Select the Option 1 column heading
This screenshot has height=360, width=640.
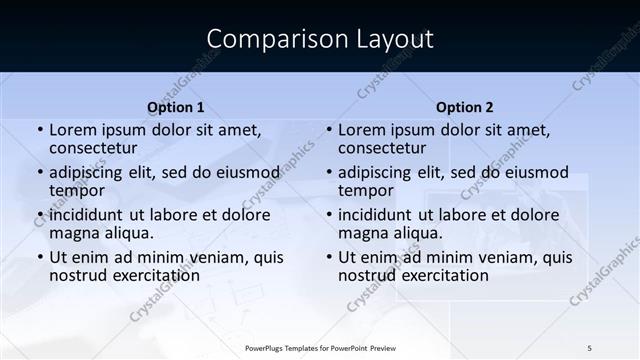(x=176, y=107)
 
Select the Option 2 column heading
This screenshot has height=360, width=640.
(x=465, y=107)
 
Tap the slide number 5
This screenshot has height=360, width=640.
(x=590, y=347)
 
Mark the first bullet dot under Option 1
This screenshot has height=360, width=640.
(x=40, y=130)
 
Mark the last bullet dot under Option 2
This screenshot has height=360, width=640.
(x=329, y=257)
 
